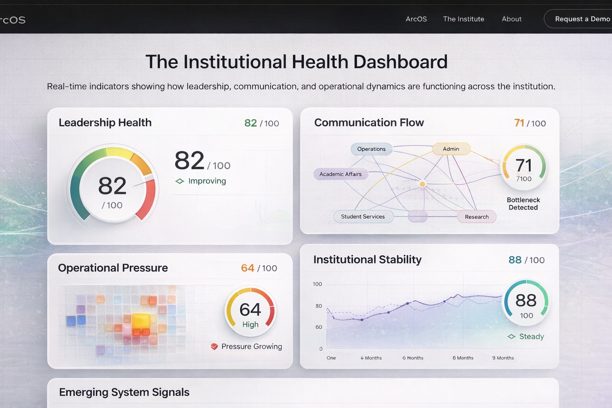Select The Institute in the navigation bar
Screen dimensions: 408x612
463,19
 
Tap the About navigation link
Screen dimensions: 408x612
511,19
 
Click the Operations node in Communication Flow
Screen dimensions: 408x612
371,149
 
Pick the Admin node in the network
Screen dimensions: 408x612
451,149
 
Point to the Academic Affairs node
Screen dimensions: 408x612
340,174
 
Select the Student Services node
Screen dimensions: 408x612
363,217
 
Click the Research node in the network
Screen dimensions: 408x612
477,217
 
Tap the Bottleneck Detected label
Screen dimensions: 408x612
523,204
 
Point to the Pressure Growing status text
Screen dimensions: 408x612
252,346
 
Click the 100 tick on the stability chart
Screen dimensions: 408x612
317,284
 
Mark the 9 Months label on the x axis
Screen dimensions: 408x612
503,358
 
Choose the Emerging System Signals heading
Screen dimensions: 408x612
124,392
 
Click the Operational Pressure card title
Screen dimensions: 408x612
113,268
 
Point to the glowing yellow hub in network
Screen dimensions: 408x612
423,184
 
